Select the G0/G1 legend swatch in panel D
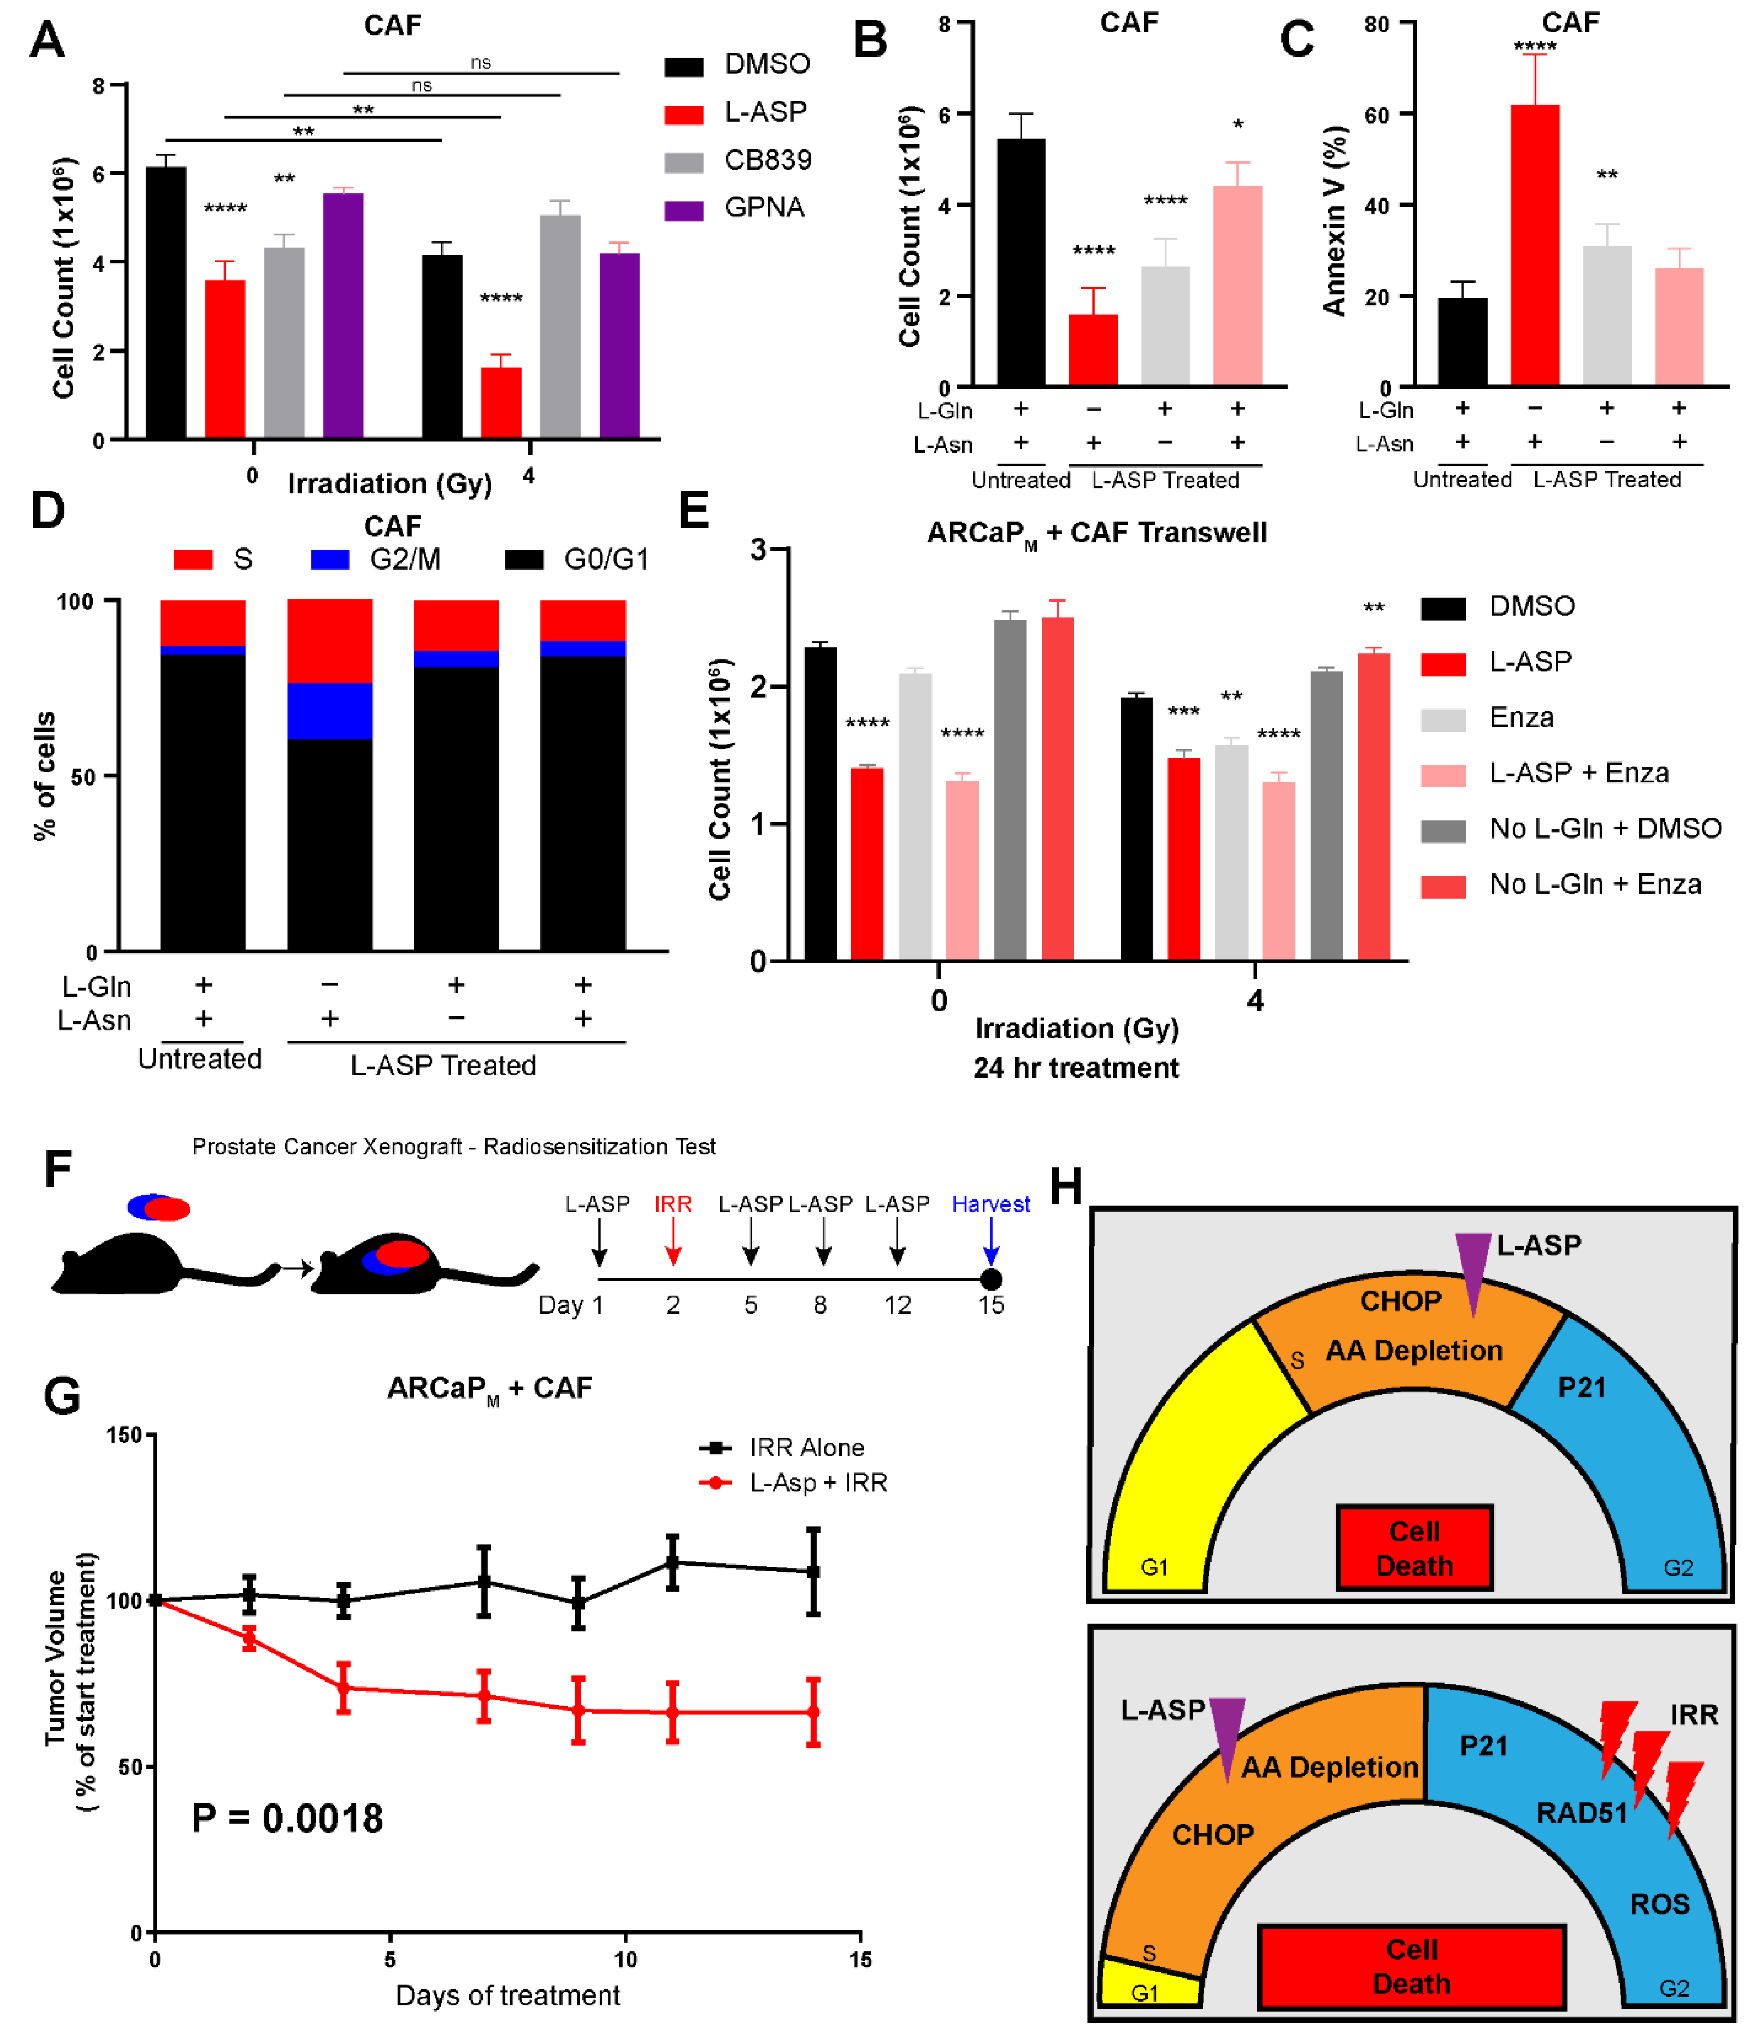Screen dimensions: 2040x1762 click(x=524, y=559)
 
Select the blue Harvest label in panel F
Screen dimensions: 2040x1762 click(x=990, y=1204)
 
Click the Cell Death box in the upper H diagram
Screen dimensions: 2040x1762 click(x=1414, y=1548)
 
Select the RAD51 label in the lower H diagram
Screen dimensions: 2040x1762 click(x=1581, y=1813)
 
